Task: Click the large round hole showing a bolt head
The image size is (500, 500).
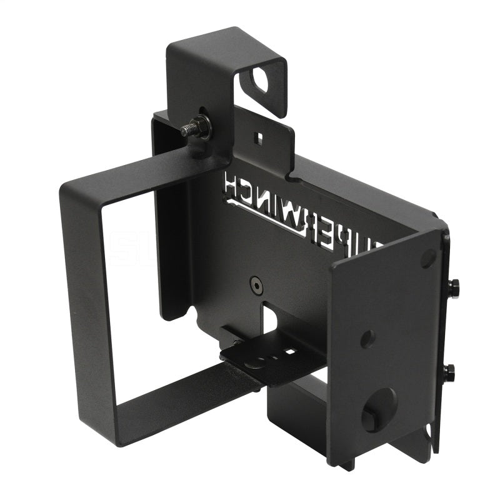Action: click(x=378, y=409)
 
